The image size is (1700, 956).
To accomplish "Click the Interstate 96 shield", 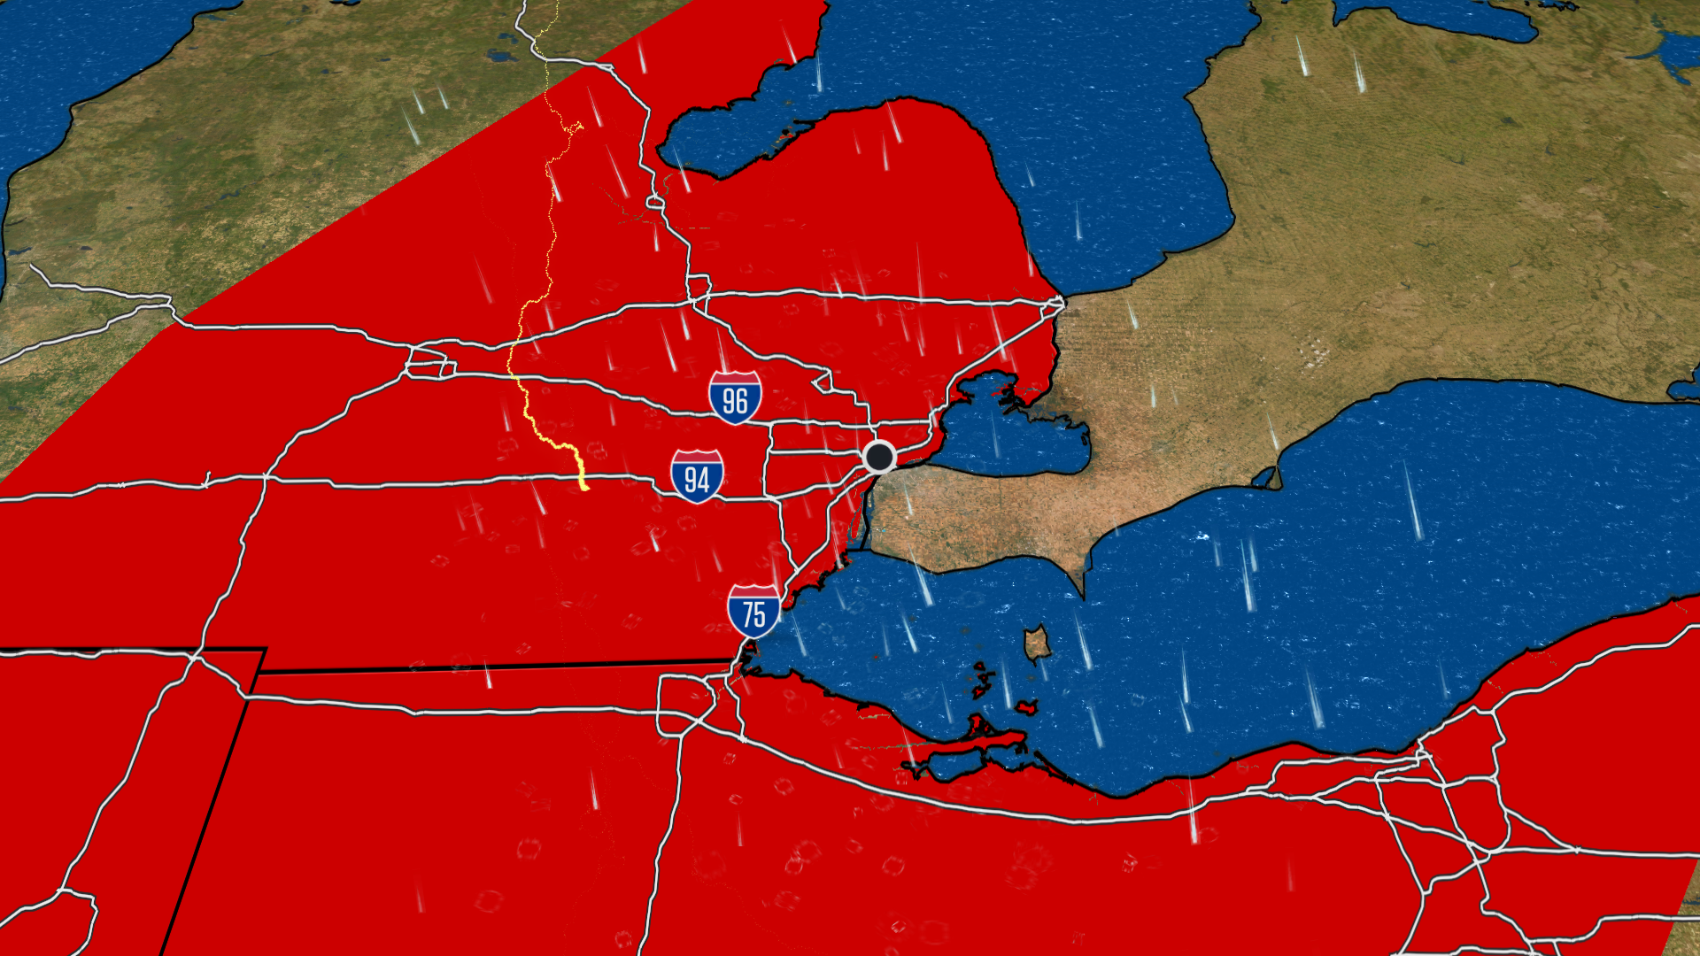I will click(735, 397).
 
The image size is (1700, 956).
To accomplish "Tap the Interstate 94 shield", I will click(697, 476).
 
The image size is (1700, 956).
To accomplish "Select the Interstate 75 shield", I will click(753, 611).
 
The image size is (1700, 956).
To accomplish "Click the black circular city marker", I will click(879, 457).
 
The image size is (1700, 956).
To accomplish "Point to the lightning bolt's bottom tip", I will click(585, 488).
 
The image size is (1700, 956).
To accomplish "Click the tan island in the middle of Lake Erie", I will click(1037, 644).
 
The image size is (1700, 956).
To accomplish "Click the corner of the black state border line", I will click(264, 651).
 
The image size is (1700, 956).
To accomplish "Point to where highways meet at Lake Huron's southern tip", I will click(1058, 303).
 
